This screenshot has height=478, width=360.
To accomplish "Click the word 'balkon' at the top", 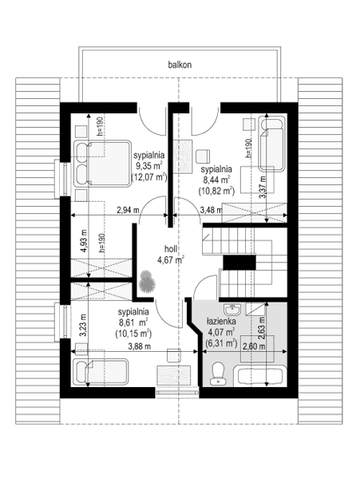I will (x=180, y=63).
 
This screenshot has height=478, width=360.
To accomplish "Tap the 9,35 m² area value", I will (x=148, y=167).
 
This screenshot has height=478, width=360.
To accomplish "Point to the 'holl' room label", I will (x=170, y=248).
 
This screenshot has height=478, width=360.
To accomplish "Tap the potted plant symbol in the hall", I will (x=146, y=282).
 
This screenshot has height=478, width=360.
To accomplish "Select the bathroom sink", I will (x=235, y=309).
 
